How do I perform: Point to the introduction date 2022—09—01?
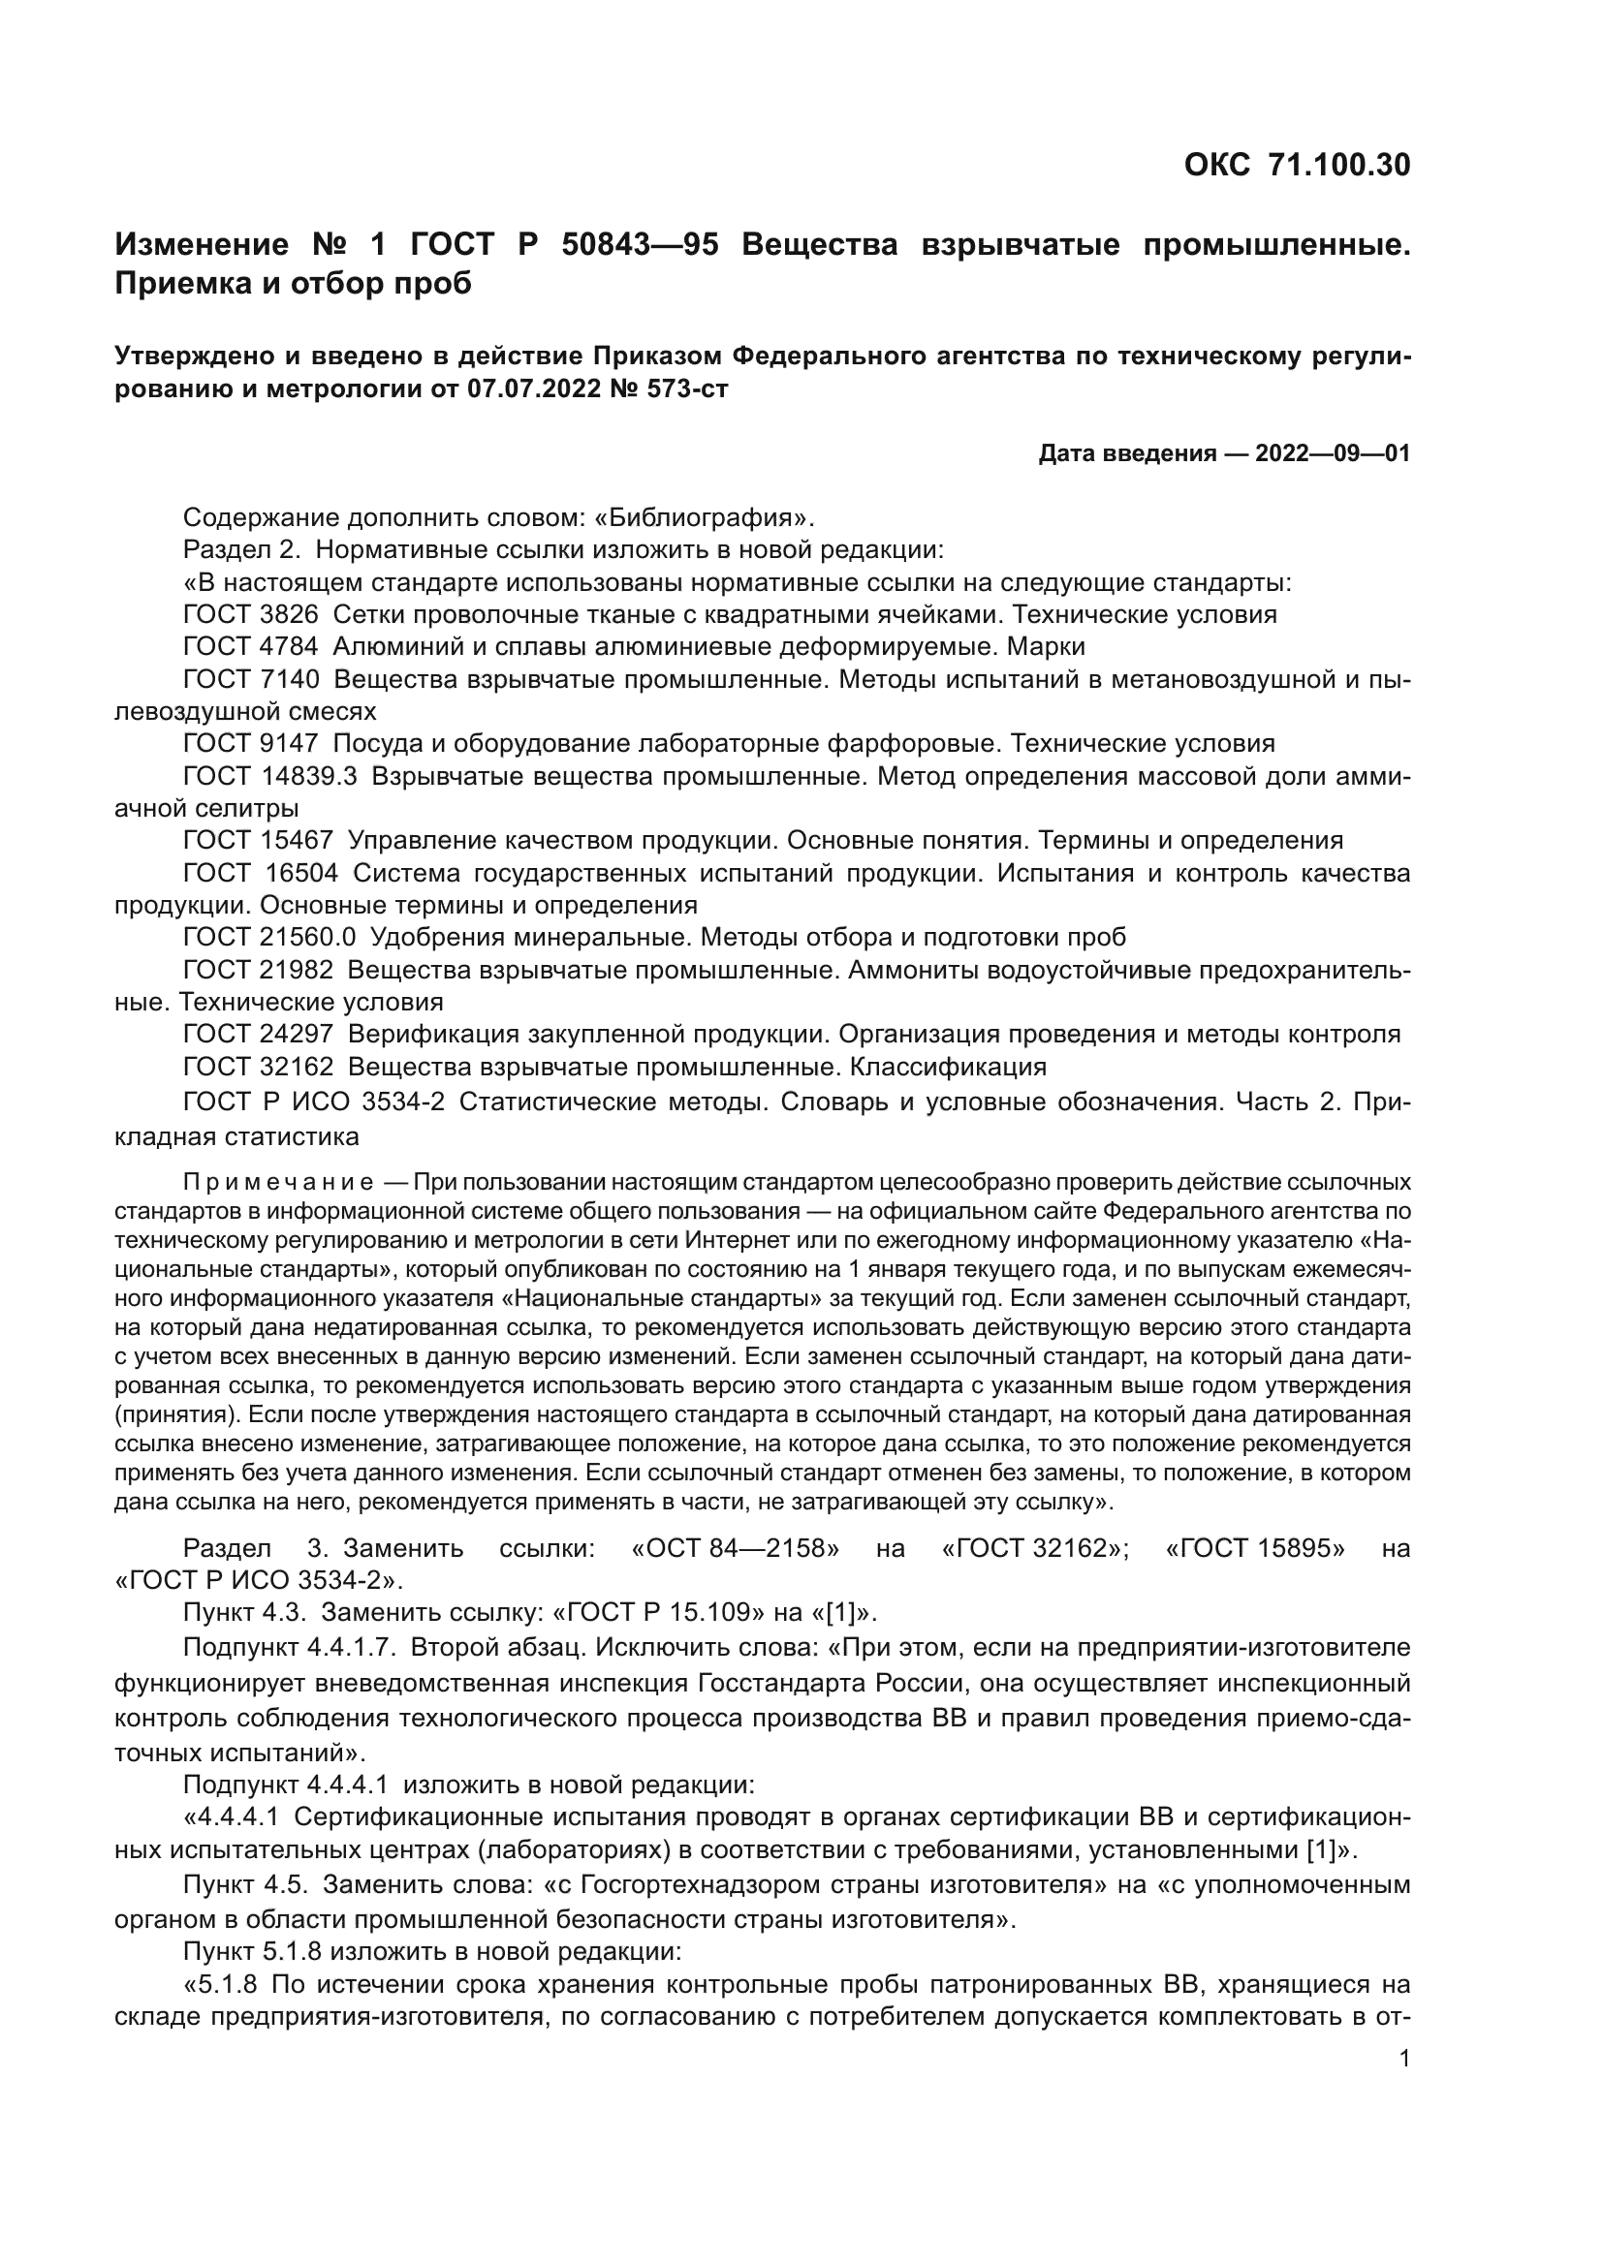[x=1333, y=454]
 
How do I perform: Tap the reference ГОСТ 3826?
[x=251, y=615]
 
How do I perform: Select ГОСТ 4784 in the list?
[x=251, y=647]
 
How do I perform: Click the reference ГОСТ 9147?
[x=251, y=743]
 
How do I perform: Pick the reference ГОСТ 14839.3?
[x=269, y=777]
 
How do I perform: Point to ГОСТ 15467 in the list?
[x=259, y=841]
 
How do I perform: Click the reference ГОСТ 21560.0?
[x=269, y=937]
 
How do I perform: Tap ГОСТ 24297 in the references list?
[x=259, y=1035]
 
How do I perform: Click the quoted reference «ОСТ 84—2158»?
[x=735, y=1547]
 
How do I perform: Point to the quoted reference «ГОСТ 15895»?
[x=1254, y=1547]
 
